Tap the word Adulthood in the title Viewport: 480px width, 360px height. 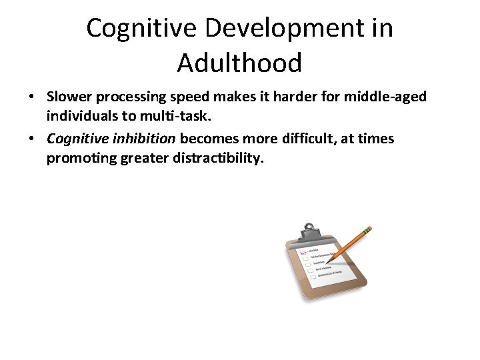pyautogui.click(x=239, y=63)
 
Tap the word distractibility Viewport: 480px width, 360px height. pyautogui.click(x=217, y=159)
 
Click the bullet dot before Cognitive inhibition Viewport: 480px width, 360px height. pyautogui.click(x=31, y=139)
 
